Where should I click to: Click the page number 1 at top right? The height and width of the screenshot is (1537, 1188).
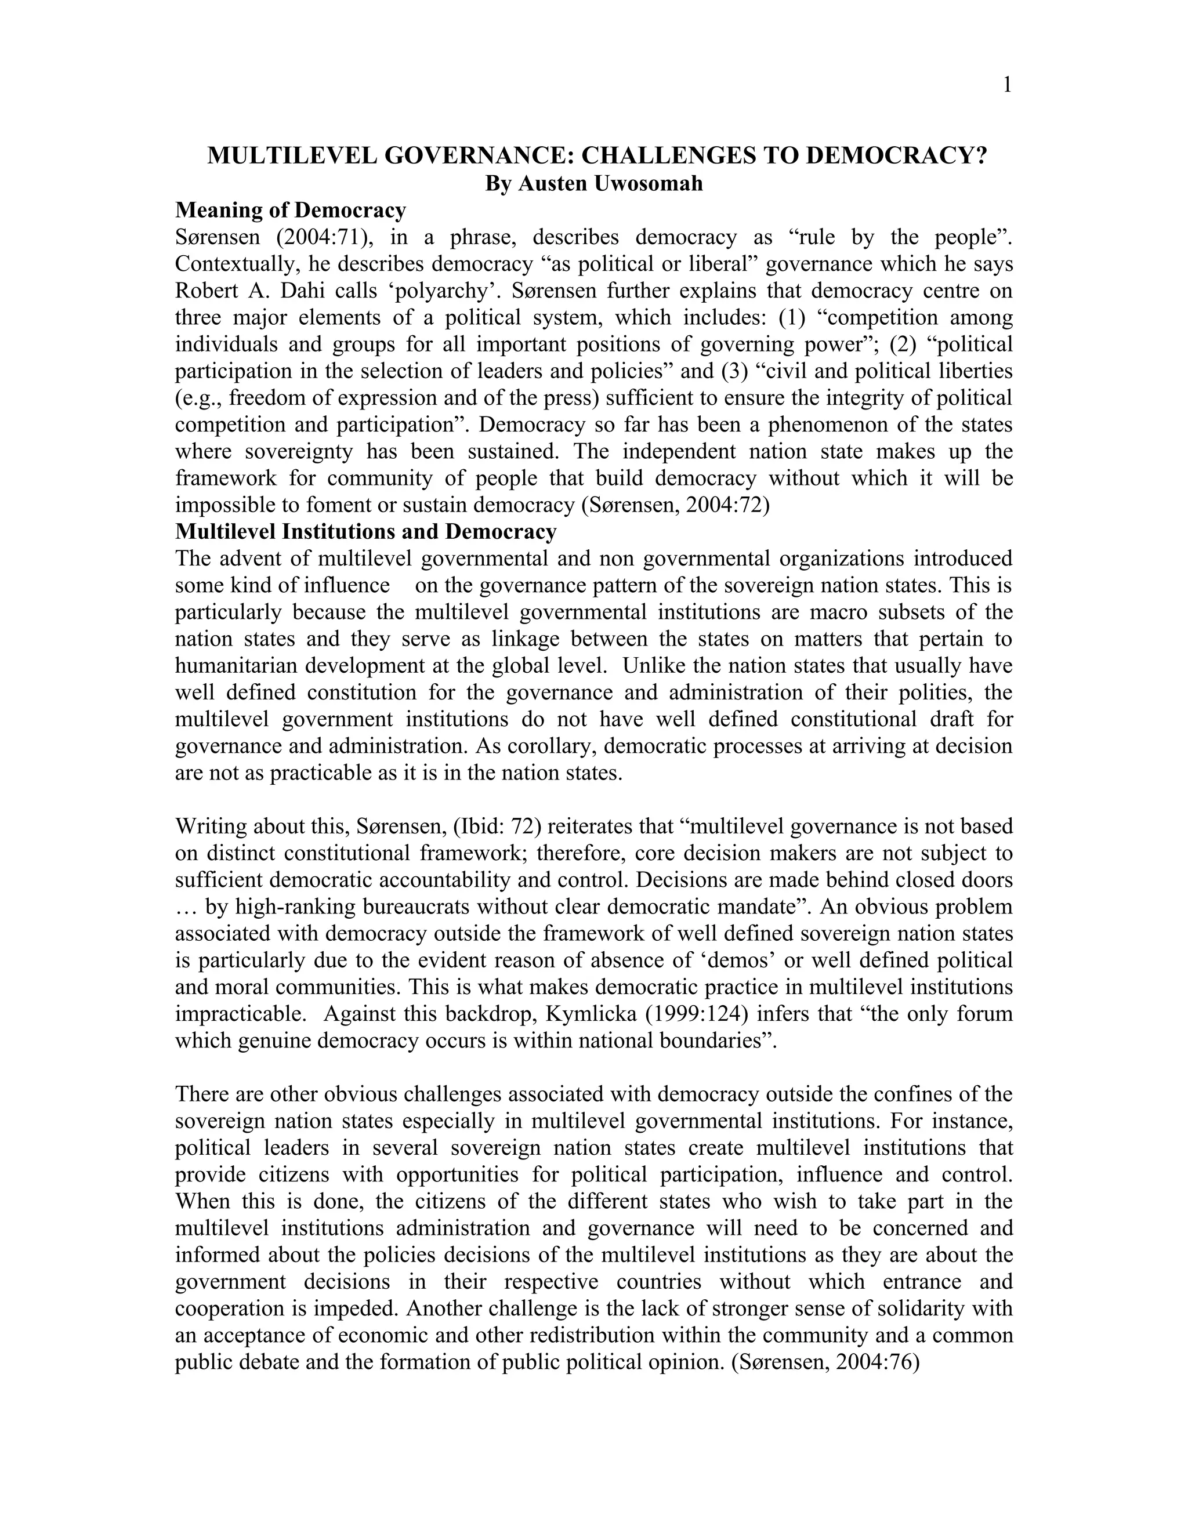(1007, 85)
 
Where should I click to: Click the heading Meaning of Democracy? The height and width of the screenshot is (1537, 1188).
(291, 210)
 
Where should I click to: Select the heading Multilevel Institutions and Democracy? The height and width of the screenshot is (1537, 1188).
(366, 531)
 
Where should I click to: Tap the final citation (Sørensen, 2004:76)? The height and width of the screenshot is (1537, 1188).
(826, 1362)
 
